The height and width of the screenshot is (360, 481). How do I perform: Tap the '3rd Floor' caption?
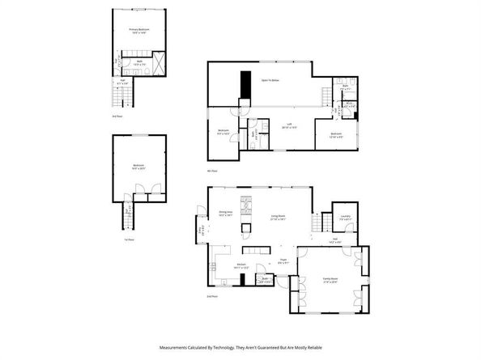click(x=118, y=116)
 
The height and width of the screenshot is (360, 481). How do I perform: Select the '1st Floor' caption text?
click(x=118, y=239)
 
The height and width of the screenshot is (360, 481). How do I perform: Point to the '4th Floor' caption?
click(x=213, y=172)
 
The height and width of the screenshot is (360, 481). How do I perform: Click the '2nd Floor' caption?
click(x=213, y=297)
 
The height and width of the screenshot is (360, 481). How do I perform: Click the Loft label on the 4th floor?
click(x=287, y=125)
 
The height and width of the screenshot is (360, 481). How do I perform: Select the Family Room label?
click(x=330, y=279)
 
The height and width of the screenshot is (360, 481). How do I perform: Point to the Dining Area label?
click(x=226, y=214)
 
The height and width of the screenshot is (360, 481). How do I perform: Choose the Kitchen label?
click(x=240, y=265)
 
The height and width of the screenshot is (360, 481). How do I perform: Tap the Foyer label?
click(x=283, y=260)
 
